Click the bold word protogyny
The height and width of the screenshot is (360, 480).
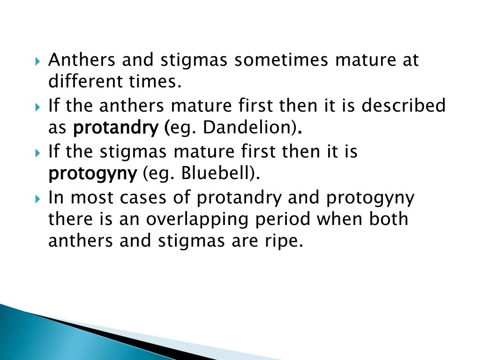pos(92,174)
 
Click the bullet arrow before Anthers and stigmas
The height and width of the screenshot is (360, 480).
pos(38,61)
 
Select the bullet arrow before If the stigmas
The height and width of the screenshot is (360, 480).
pos(38,153)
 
